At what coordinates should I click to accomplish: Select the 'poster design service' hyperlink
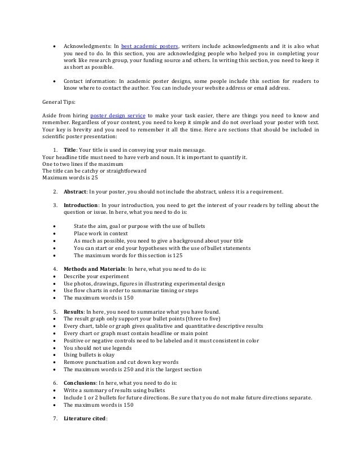[111, 113]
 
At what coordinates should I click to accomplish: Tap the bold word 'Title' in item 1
[70, 150]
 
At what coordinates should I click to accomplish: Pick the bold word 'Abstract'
[75, 191]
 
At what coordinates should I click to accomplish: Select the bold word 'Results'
[73, 311]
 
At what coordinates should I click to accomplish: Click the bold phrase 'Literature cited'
[85, 418]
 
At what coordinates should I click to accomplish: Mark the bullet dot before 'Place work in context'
[53, 234]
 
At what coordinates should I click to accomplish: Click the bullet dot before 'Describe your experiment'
[53, 277]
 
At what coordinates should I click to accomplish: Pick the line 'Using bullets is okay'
[92, 355]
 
